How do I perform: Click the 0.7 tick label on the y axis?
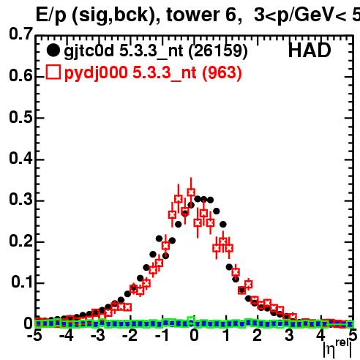21,34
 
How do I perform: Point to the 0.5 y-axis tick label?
21,117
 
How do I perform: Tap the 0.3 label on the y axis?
21,199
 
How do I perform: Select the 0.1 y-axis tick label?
22,282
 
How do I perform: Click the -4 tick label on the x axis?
67,335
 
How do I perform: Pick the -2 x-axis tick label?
130,335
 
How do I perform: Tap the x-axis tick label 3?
289,335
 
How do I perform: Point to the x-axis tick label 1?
227,335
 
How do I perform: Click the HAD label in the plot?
310,50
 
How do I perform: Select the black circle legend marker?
53,50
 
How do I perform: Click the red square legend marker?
53,72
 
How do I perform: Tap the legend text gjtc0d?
89,52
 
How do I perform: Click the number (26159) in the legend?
218,51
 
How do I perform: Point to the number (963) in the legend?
222,73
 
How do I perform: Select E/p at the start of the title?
51,16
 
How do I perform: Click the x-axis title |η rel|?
337,349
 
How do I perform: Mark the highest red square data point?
191,192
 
